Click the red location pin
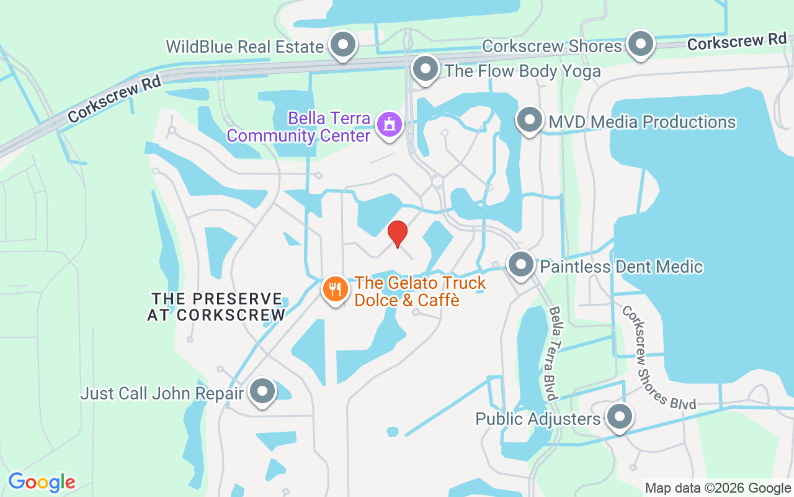(397, 234)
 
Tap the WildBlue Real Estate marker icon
(342, 45)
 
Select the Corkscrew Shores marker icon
(640, 44)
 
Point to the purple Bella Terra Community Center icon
(390, 125)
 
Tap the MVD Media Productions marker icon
(529, 121)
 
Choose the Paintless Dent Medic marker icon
(521, 265)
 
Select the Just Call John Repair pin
(262, 392)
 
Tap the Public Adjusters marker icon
(618, 417)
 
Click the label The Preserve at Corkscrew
(216, 307)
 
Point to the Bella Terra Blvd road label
(555, 352)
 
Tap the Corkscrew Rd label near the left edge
(115, 99)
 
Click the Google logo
(42, 482)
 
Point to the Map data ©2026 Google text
(718, 488)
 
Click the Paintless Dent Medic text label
(622, 267)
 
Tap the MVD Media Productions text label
(642, 122)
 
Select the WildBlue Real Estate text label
(245, 47)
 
